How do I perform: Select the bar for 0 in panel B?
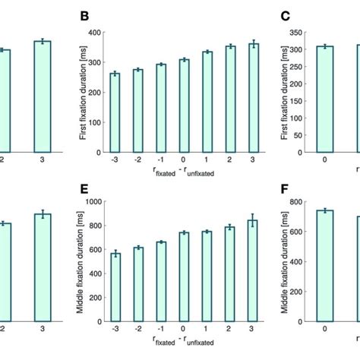coord(184,106)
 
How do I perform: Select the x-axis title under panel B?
coord(184,173)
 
